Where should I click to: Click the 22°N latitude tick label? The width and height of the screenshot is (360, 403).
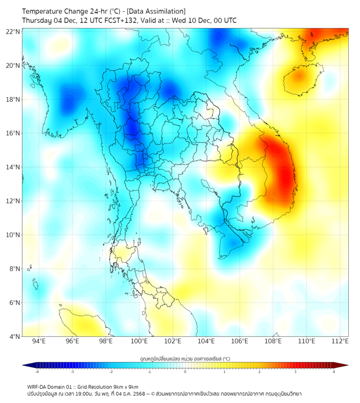tap(13, 31)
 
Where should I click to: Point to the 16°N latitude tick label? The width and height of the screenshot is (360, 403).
tap(13, 133)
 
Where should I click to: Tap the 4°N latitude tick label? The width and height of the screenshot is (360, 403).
tap(14, 336)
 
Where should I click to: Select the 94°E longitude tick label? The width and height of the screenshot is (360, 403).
tap(39, 341)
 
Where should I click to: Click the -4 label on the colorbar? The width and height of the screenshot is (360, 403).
tap(37, 372)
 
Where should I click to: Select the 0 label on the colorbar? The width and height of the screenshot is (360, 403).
tap(185, 372)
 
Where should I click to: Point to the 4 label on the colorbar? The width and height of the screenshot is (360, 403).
tap(334, 372)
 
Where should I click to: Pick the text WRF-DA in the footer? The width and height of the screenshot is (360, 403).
tap(37, 386)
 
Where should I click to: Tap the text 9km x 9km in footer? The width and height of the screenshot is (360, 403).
tap(126, 386)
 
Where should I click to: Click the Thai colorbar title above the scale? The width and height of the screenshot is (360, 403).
tap(185, 359)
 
